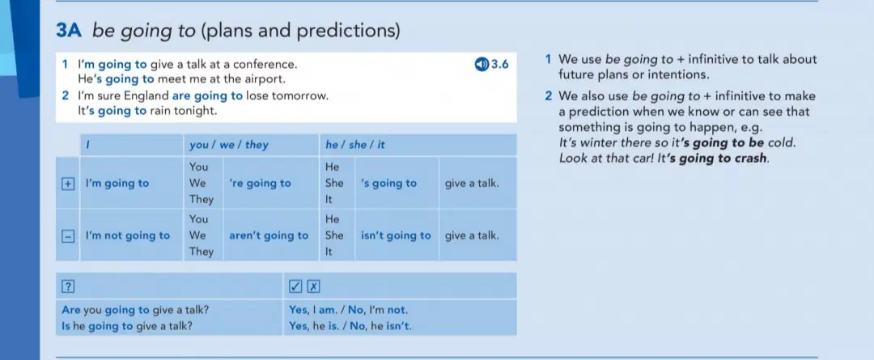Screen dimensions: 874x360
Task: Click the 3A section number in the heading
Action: [69, 32]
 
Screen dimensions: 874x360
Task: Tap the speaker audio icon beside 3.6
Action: [481, 65]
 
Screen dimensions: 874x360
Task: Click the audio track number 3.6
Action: [499, 65]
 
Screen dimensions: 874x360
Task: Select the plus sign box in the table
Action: [67, 184]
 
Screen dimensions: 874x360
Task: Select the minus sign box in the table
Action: [67, 235]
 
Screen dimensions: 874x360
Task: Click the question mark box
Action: [67, 286]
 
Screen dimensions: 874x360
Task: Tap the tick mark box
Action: [295, 286]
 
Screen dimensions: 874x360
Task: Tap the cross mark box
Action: [314, 286]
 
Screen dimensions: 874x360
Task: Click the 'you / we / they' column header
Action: [228, 146]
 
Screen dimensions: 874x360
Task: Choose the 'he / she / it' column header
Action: [355, 146]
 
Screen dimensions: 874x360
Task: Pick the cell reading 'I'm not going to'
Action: [128, 235]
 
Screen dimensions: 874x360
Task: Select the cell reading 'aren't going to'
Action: [269, 235]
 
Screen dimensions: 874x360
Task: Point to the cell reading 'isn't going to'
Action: [396, 235]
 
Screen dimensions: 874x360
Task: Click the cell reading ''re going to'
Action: [260, 184]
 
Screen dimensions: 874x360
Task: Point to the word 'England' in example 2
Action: [146, 95]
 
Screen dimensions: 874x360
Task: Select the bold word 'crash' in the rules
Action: [751, 158]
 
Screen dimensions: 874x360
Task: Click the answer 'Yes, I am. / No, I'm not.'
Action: [348, 310]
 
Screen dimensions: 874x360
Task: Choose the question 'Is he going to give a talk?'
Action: [127, 327]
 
